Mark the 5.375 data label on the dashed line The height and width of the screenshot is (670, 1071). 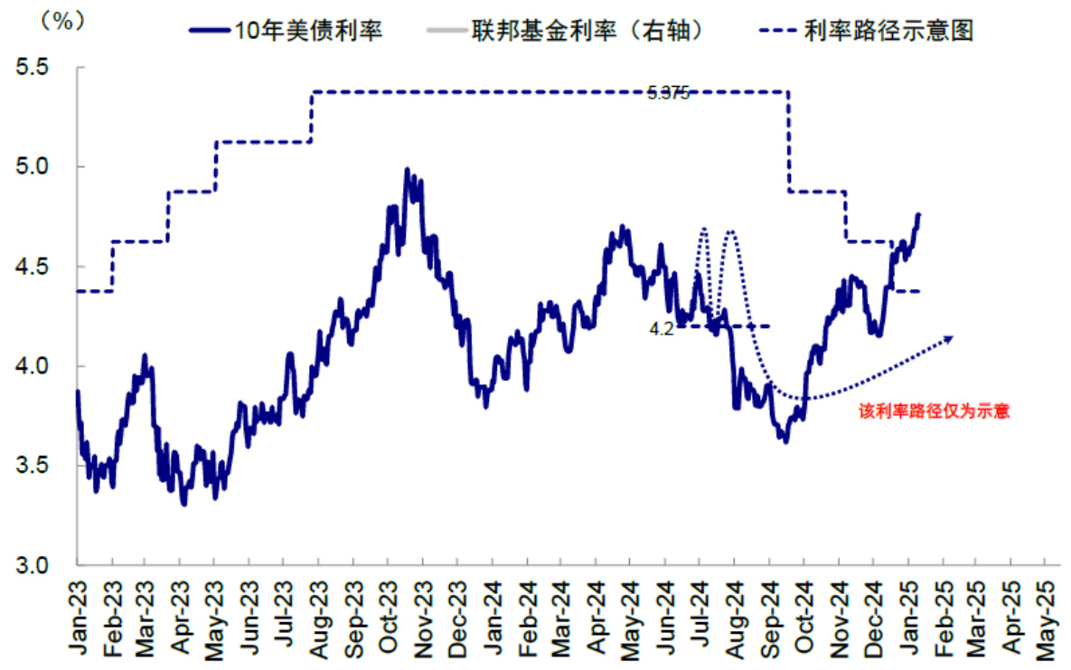pos(668,92)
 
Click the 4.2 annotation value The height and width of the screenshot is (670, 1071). pos(662,330)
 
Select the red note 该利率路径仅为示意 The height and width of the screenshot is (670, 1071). pos(934,410)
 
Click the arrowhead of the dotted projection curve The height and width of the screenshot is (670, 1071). pos(948,339)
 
